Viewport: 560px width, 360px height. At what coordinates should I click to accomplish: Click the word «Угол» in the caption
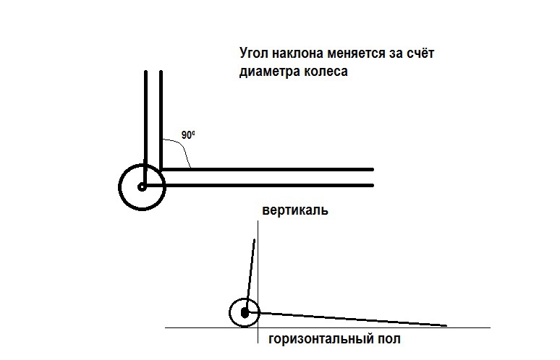pyautogui.click(x=252, y=54)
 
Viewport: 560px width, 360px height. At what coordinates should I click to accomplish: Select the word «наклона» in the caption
pyautogui.click(x=296, y=54)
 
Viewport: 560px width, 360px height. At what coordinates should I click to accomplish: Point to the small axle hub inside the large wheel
pyautogui.click(x=141, y=187)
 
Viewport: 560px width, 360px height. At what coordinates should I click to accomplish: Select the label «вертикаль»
pyautogui.click(x=296, y=210)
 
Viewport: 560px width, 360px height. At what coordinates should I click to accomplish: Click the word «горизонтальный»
pyautogui.click(x=315, y=339)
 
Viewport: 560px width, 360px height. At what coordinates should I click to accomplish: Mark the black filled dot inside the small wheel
pyautogui.click(x=246, y=312)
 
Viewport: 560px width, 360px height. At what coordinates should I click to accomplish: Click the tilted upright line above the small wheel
pyautogui.click(x=251, y=271)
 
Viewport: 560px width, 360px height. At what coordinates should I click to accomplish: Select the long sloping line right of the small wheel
pyautogui.click(x=355, y=319)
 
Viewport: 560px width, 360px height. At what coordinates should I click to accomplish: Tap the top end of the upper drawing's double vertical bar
pyautogui.click(x=153, y=72)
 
